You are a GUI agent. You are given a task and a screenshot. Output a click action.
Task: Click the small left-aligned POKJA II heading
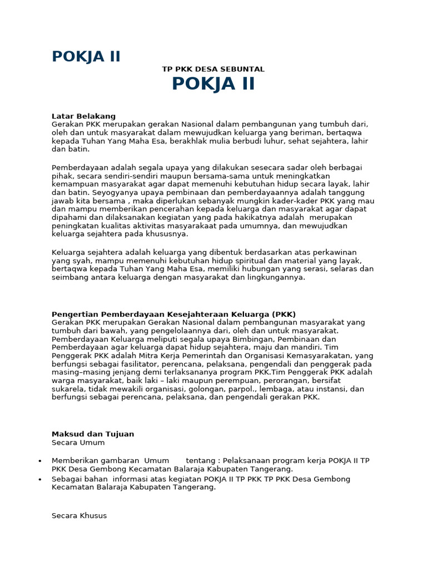tap(86, 57)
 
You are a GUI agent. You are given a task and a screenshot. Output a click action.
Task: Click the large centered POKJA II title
tap(213, 84)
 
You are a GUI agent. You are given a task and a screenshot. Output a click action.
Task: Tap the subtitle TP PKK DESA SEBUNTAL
tap(213, 69)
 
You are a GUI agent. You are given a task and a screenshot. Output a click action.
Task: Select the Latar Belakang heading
tap(83, 116)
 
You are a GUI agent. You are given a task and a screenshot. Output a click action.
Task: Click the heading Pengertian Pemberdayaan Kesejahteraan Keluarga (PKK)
tap(173, 314)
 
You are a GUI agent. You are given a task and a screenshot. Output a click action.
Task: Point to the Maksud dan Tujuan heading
tap(93, 434)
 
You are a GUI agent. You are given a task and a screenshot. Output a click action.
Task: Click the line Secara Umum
tap(78, 443)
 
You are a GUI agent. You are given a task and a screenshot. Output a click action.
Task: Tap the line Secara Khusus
tap(79, 515)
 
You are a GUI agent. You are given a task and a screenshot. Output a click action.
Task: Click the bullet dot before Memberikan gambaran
tap(39, 461)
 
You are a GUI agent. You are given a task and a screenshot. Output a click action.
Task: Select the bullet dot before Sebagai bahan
tap(39, 479)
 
